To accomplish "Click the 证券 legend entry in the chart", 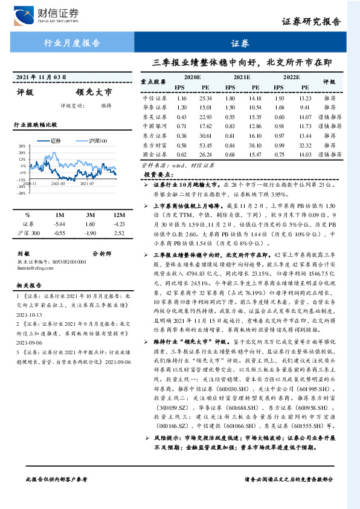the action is pyautogui.click(x=56, y=140).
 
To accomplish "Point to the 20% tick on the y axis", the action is pyautogui.click(x=21, y=152).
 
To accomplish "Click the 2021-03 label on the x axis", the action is pyautogui.click(x=59, y=183).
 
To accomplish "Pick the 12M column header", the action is pyautogui.click(x=118, y=215).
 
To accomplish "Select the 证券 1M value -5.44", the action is pyautogui.click(x=59, y=224).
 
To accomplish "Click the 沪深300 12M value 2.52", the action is pyautogui.click(x=118, y=232).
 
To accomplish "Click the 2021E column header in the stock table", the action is pyautogui.click(x=242, y=78).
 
